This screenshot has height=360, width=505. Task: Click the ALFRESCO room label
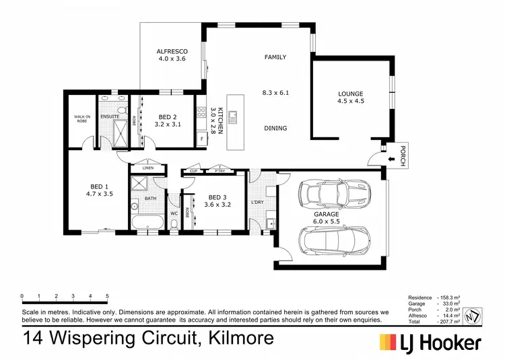tap(171, 51)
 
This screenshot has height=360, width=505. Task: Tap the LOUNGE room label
tap(350, 94)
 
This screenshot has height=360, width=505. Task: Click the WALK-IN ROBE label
tap(82, 119)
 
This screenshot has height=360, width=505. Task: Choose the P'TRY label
tap(217, 171)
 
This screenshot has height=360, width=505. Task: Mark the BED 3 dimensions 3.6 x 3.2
tap(209, 205)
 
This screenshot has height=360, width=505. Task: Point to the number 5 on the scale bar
tap(108, 296)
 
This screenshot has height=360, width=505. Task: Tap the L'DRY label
tap(258, 203)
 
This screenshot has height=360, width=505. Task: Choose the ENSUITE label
tap(110, 116)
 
